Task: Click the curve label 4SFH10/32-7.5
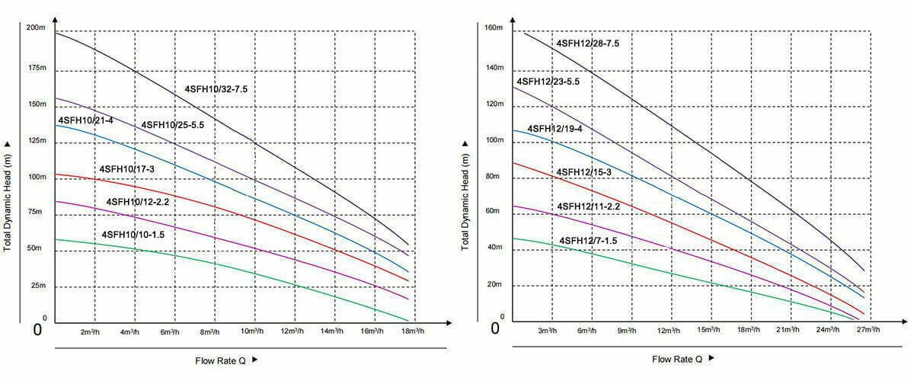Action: coord(216,90)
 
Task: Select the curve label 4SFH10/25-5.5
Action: coord(173,125)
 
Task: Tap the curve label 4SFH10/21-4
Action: coord(85,121)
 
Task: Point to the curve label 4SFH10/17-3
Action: coord(126,168)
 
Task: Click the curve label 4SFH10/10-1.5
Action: coord(133,235)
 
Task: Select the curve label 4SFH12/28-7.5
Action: coord(587,43)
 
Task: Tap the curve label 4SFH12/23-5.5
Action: coord(548,82)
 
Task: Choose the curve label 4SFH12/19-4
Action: coord(554,129)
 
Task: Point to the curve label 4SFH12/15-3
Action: coord(584,172)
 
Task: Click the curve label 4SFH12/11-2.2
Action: coord(589,207)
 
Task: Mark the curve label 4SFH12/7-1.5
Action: coord(588,241)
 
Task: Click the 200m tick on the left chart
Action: coord(37,28)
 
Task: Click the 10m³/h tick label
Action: coord(252,332)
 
